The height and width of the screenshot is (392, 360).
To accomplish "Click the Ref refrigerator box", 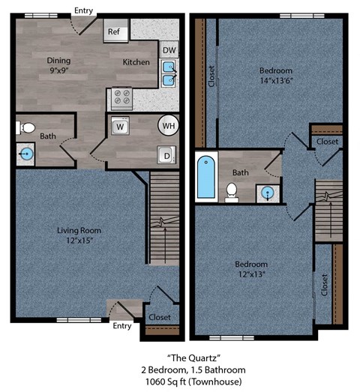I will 115,31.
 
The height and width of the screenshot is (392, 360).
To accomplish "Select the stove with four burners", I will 121,97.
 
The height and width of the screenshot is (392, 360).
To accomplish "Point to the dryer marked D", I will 166,155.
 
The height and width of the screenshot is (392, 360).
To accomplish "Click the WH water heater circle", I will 168,126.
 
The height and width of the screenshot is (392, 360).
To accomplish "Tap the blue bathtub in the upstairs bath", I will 205,177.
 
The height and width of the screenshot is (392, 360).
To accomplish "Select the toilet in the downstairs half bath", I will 23,127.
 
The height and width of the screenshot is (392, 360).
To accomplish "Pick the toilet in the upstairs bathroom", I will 232,192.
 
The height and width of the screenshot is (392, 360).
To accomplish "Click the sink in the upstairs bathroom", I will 267,193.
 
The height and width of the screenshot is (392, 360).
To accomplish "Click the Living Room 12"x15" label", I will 79,235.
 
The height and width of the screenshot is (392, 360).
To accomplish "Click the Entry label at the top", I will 82,10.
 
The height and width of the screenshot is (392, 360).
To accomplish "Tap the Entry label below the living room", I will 121,326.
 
